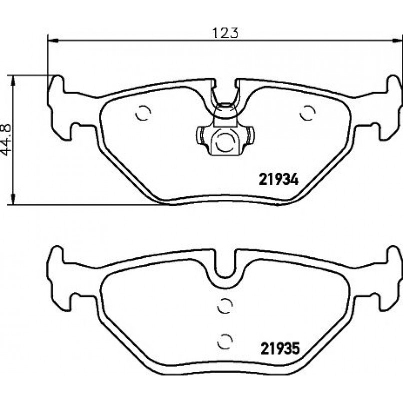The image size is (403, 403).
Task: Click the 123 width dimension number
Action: [225, 33]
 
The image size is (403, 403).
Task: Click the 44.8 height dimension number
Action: [6, 140]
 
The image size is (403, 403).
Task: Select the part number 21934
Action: [279, 179]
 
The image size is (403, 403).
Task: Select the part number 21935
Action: [280, 348]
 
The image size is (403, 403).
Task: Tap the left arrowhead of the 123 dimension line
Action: [53, 41]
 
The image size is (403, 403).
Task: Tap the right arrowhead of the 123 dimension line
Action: [397, 41]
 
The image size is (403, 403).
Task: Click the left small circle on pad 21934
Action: [143, 113]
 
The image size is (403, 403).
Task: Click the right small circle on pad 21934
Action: [308, 113]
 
